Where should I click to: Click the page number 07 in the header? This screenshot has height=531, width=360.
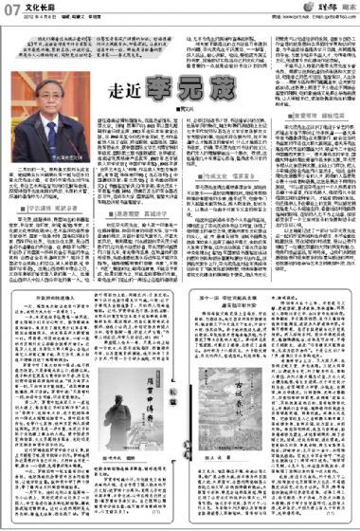(12, 10)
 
